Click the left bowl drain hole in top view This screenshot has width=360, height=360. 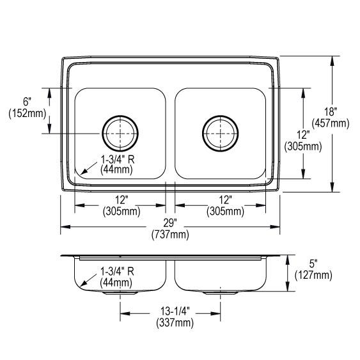point(120,133)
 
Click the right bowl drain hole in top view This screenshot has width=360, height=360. point(220,133)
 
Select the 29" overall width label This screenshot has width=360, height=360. point(171,223)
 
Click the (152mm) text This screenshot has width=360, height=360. point(27,114)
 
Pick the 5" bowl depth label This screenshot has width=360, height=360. point(313,263)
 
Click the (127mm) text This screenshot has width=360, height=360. point(313,275)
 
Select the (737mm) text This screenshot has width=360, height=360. point(171,235)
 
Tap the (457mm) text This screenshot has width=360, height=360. point(329,122)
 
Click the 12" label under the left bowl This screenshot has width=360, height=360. point(121,200)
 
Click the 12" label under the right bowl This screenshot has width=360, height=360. point(221,200)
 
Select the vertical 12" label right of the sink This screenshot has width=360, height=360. point(304,134)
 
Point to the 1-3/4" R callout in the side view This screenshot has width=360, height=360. point(116,271)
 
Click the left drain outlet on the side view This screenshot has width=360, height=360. point(121,293)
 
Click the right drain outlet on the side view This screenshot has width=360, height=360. point(221,293)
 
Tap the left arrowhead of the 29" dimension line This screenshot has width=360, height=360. point(65,226)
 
